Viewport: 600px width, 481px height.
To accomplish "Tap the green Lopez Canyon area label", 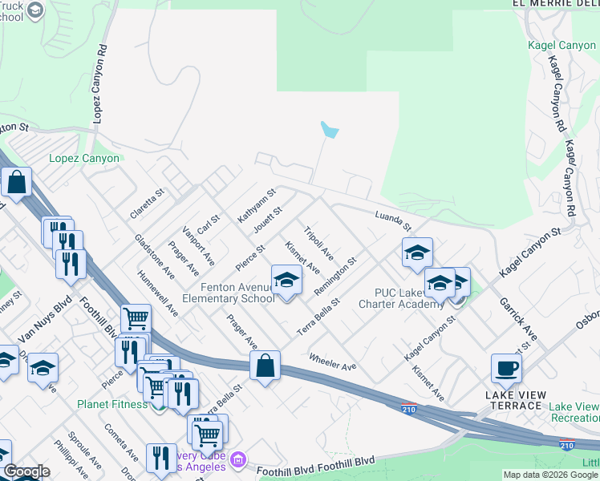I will click(84, 158).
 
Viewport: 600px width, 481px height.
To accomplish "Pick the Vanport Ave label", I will click(199, 248).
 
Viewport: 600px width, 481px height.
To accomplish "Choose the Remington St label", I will click(335, 276).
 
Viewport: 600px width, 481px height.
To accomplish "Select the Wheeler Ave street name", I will click(332, 362).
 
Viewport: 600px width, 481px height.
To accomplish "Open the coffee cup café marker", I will click(507, 368).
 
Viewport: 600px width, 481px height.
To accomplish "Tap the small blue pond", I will click(328, 130).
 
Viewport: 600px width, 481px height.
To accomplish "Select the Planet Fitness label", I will click(113, 403).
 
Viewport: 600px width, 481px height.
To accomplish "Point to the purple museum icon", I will click(237, 460).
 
